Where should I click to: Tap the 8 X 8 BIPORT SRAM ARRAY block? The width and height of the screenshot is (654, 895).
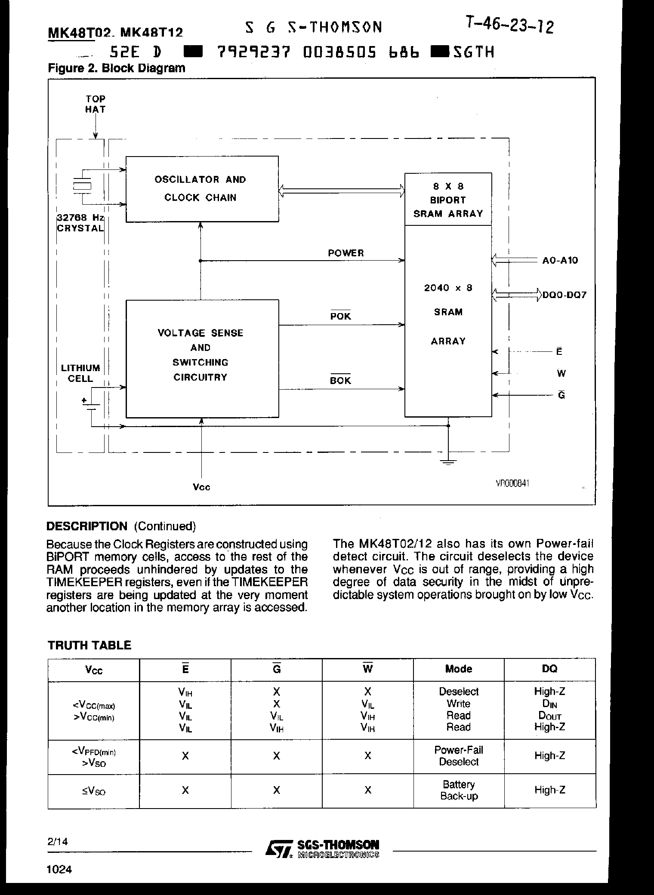click(448, 200)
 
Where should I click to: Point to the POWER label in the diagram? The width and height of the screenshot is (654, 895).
click(346, 253)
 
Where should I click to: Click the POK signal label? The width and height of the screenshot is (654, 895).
click(340, 316)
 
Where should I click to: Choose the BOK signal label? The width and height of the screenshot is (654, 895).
click(340, 380)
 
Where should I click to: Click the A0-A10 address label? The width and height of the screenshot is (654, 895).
click(560, 260)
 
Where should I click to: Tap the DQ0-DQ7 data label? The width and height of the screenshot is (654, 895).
click(564, 295)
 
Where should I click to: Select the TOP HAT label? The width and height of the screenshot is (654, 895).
click(95, 104)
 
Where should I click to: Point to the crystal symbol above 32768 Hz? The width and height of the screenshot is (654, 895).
click(82, 186)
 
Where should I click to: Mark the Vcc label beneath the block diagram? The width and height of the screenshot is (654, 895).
click(201, 487)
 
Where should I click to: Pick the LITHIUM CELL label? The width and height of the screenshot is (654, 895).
click(80, 373)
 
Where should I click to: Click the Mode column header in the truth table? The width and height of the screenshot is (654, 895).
click(458, 669)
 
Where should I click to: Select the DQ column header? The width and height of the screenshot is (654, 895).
click(549, 669)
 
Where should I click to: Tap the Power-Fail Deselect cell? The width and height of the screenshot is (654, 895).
click(458, 756)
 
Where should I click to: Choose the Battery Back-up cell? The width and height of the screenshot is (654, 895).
click(458, 790)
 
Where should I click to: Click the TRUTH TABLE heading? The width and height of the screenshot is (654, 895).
click(89, 645)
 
